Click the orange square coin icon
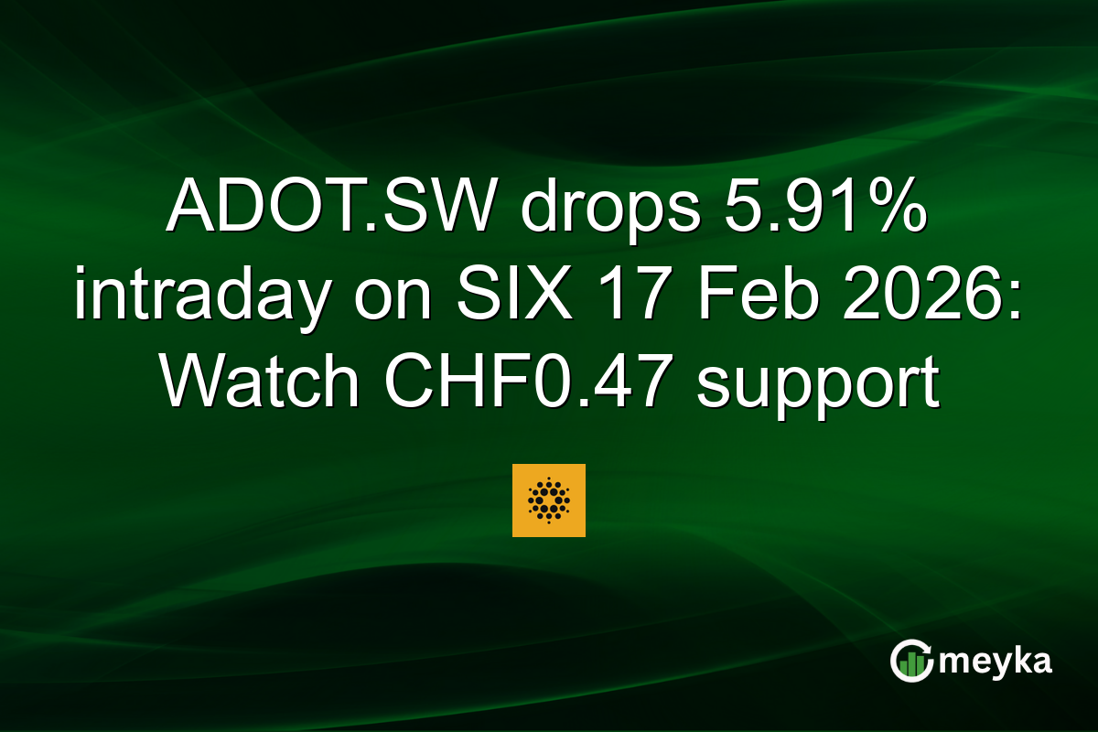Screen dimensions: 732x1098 click(x=548, y=500)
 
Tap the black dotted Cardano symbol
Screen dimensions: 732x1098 click(x=548, y=500)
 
